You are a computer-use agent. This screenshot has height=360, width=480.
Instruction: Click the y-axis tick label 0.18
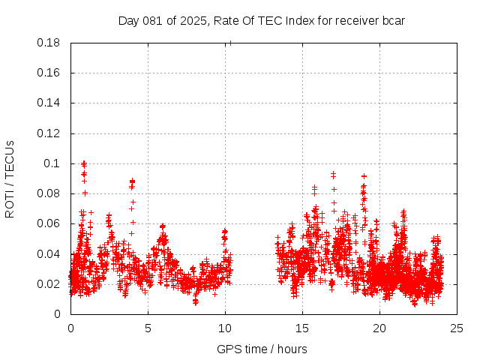click(50, 43)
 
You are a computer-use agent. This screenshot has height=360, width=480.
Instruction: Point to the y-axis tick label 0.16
click(50, 73)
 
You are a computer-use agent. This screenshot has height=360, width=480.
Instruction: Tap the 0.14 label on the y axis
click(50, 103)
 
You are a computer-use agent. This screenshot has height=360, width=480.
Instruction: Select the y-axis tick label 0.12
click(50, 133)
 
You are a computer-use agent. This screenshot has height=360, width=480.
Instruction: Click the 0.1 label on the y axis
click(53, 163)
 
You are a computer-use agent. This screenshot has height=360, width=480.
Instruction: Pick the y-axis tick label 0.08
click(50, 193)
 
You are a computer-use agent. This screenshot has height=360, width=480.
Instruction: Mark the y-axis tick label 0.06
click(50, 223)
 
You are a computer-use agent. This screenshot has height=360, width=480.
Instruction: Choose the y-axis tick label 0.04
click(50, 253)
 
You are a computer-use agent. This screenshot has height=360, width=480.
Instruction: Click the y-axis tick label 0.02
click(50, 283)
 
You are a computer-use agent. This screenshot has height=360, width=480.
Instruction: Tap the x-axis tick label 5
click(148, 328)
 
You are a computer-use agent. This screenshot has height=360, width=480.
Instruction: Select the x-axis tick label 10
click(225, 328)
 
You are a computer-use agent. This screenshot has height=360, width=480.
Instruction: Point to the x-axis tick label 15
click(302, 328)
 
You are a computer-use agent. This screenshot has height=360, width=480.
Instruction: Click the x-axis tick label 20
click(379, 328)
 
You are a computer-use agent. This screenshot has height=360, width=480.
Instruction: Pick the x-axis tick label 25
click(457, 328)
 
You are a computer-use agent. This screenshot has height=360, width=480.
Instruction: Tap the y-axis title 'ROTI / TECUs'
click(10, 178)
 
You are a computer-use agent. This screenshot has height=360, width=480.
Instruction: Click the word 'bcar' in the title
click(394, 20)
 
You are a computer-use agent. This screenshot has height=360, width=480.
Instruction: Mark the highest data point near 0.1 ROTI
click(84, 162)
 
